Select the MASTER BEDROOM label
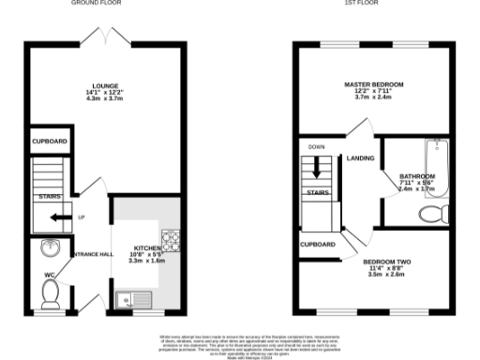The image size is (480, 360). (x=373, y=84)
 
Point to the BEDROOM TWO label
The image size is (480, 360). (x=386, y=262)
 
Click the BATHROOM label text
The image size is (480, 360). (x=417, y=176)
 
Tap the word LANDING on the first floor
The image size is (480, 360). (x=360, y=158)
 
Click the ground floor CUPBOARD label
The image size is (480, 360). (x=49, y=141)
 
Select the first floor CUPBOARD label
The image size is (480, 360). (x=318, y=244)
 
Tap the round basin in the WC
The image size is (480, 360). (x=50, y=248)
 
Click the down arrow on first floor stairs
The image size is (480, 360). (x=317, y=170)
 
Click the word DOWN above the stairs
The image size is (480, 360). (x=316, y=147)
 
